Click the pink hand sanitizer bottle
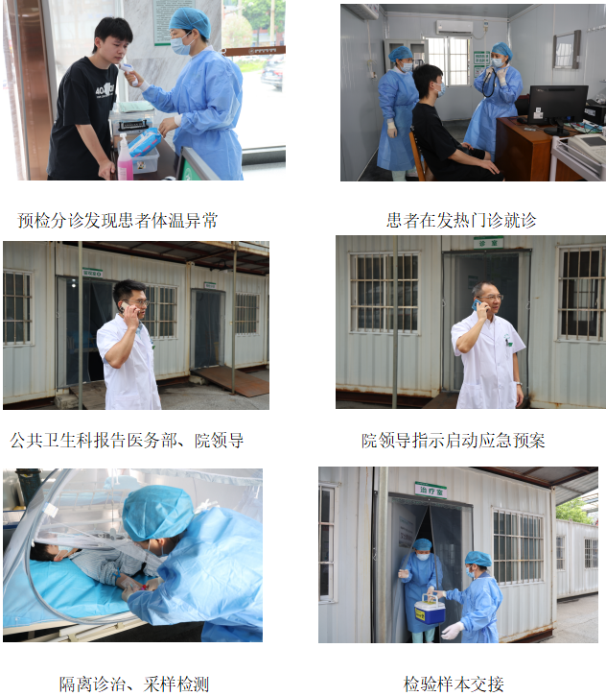125,158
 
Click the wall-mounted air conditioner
454,28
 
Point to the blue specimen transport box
430,609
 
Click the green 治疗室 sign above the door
431,491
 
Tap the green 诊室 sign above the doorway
488,243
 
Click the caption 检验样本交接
454,684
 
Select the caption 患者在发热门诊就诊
461,220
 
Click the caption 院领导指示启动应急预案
453,441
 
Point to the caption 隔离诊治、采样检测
134,684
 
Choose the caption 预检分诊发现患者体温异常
118,220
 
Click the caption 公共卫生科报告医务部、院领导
127,441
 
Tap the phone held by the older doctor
477,304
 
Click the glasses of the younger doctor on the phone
139,303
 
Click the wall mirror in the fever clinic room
567,50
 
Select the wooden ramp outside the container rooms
230,381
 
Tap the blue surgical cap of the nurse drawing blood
157,513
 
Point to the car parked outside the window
271,73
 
